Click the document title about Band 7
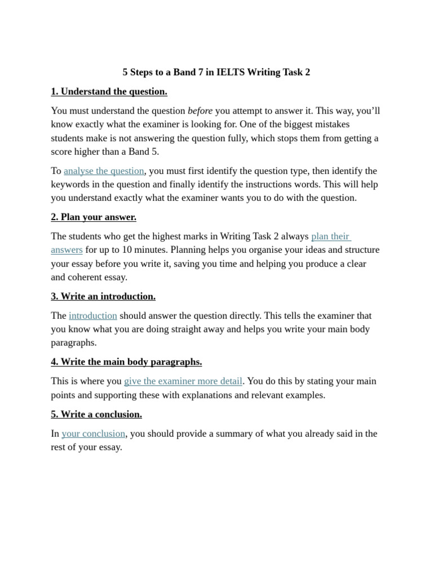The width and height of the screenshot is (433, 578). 216,72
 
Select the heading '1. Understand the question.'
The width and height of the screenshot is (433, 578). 109,91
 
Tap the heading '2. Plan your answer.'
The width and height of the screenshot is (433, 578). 94,217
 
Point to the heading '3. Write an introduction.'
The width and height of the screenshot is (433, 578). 103,296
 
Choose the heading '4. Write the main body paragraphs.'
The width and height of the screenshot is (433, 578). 126,362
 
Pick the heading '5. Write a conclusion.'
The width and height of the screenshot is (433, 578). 96,414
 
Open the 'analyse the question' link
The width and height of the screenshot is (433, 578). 104,171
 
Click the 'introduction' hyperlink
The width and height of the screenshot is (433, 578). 93,316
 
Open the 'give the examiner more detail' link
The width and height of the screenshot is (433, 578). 183,381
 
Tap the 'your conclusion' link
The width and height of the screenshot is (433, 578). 94,433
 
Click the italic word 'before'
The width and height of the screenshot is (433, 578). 200,111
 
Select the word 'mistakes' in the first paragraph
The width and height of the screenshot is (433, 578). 332,124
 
